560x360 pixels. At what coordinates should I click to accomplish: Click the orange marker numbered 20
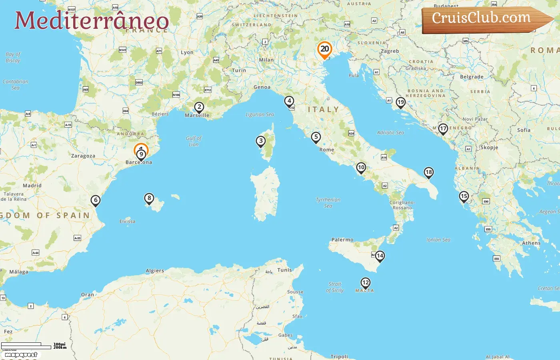point(324,50)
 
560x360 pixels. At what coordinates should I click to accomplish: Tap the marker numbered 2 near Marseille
point(199,107)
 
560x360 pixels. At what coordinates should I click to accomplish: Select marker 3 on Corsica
point(261,141)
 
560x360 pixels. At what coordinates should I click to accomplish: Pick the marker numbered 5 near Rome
point(316,137)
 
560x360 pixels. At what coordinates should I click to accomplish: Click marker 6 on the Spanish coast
point(95,200)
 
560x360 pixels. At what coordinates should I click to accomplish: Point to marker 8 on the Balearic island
point(149,198)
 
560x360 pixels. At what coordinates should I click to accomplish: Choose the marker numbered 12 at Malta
point(365,283)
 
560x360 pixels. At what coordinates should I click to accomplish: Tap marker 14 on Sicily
point(380,256)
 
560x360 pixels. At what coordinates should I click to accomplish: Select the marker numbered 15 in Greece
point(464,196)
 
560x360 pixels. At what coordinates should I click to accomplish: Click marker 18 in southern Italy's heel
point(429,172)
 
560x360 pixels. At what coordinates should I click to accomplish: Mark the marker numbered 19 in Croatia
point(400,102)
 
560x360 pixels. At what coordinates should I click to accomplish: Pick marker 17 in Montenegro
point(443,129)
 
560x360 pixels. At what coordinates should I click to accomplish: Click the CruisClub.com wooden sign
point(484,19)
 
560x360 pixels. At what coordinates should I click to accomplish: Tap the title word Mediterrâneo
point(92,21)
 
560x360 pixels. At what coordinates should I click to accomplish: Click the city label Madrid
point(32,186)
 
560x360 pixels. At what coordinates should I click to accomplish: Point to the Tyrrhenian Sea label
point(328,202)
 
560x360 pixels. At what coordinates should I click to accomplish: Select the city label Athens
point(531,243)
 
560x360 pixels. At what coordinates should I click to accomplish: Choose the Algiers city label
point(155,271)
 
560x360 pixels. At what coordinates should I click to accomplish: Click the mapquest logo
point(21,354)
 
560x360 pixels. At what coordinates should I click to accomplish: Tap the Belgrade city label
point(472,77)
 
